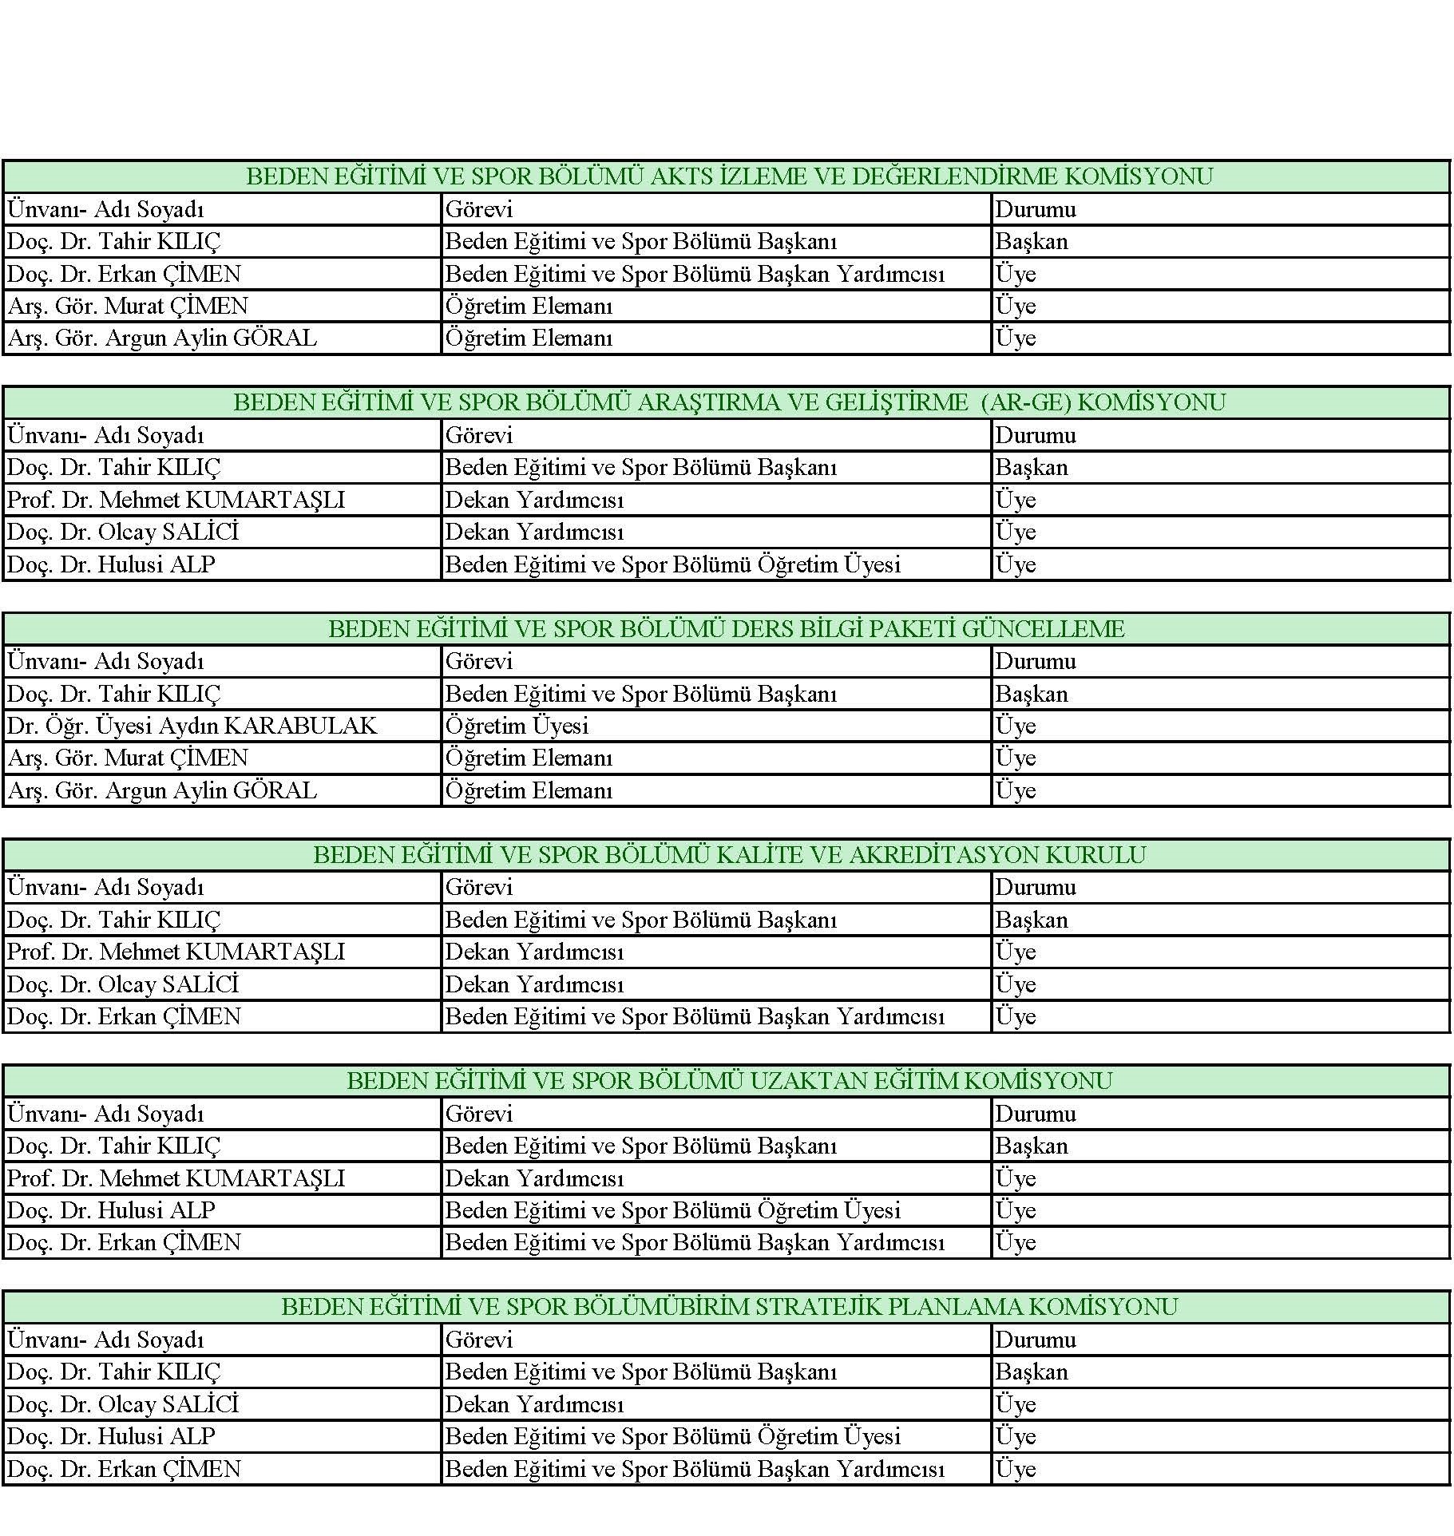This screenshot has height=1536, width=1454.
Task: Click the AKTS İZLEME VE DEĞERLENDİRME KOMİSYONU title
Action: (728, 176)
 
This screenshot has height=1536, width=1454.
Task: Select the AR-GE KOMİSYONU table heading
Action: (728, 402)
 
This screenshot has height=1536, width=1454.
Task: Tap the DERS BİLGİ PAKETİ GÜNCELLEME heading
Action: (726, 629)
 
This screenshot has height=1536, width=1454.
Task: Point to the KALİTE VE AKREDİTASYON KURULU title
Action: (728, 855)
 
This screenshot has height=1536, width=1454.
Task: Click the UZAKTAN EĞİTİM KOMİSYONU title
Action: (728, 1081)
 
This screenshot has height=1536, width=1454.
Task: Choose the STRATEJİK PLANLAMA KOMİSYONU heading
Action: (728, 1307)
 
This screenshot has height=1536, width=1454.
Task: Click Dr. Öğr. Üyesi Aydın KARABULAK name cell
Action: (192, 726)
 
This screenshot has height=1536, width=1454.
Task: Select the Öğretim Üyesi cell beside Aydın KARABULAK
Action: (517, 726)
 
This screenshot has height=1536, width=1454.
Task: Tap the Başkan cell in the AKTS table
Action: (1031, 241)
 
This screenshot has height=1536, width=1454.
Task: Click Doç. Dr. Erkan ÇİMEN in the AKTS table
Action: (124, 274)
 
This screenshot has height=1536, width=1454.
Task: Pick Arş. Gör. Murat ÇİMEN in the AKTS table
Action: (128, 306)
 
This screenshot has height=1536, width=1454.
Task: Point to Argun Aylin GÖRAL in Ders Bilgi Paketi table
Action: (162, 790)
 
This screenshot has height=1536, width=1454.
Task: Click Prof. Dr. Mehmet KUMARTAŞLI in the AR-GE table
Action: (176, 500)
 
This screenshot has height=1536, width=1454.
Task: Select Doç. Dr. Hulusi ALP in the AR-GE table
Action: (111, 564)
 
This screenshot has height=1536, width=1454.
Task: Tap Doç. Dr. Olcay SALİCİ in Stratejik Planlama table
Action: (122, 1404)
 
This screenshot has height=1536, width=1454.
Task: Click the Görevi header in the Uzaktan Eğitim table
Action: (479, 1114)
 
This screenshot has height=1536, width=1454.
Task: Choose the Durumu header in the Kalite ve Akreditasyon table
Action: (1035, 887)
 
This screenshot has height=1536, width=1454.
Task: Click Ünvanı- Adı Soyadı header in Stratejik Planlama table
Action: (105, 1340)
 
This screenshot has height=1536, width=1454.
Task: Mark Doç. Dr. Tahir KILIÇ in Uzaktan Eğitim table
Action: (113, 1146)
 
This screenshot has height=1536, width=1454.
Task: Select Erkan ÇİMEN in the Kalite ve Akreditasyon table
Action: (124, 1016)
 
